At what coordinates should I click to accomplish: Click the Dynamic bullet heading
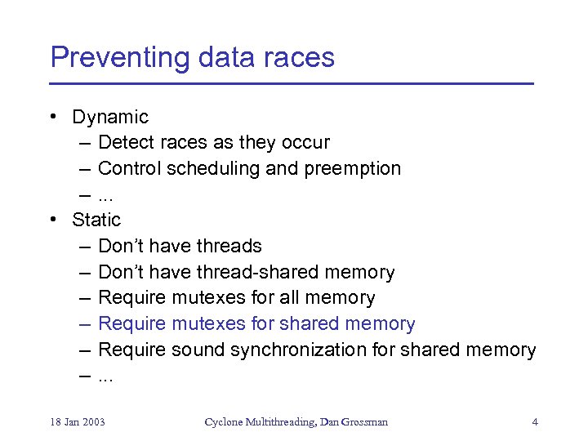pos(110,117)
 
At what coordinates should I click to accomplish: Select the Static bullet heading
pos(96,220)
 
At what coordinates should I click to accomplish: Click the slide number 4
pos(534,422)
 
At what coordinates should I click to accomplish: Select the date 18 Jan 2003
pos(78,422)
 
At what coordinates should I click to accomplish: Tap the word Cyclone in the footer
pos(224,422)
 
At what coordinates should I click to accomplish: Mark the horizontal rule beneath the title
pos(291,83)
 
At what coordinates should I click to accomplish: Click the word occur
pos(305,142)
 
